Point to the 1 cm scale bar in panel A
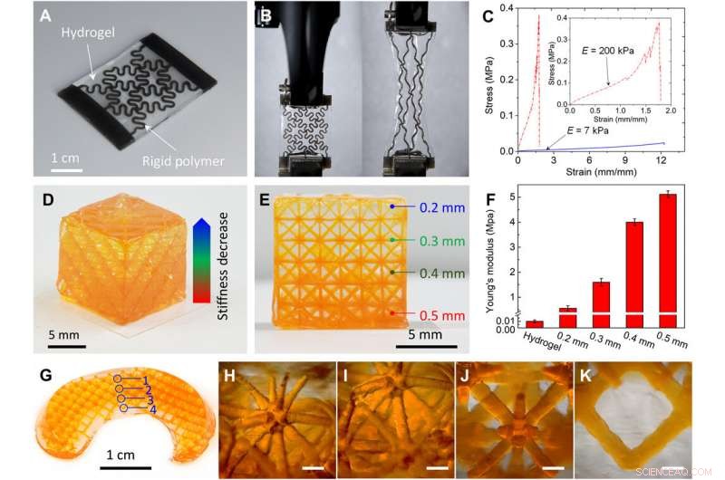pyautogui.click(x=66, y=168)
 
